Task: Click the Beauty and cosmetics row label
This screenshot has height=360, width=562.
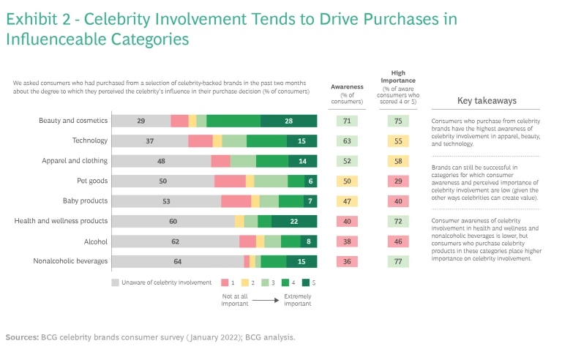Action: (73, 121)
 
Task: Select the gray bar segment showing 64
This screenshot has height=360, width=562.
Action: (178, 261)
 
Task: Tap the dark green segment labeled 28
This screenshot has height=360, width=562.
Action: (289, 121)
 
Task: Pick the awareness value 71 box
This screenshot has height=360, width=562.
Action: (347, 121)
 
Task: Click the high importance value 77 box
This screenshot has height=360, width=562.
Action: (398, 261)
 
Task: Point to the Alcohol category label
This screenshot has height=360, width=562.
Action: (95, 241)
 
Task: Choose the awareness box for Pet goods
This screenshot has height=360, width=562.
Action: (347, 181)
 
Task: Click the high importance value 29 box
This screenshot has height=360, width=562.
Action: (398, 181)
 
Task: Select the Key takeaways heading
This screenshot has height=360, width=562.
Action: (487, 101)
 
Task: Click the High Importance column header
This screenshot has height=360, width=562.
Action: (398, 77)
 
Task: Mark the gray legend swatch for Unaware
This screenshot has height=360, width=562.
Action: (115, 282)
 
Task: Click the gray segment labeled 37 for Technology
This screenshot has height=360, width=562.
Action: (149, 140)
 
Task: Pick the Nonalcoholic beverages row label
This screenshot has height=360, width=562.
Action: (71, 261)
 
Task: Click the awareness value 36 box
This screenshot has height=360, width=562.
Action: (347, 261)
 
